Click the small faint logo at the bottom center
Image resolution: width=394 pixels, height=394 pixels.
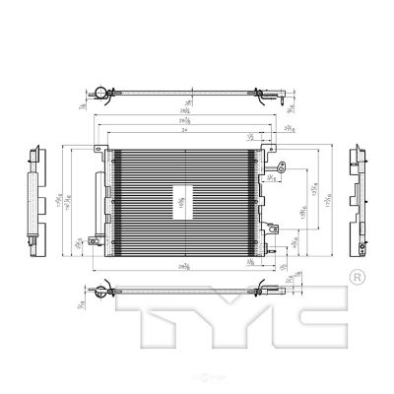coord(197,387)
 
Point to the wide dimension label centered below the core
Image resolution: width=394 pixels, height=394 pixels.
coord(184,267)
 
